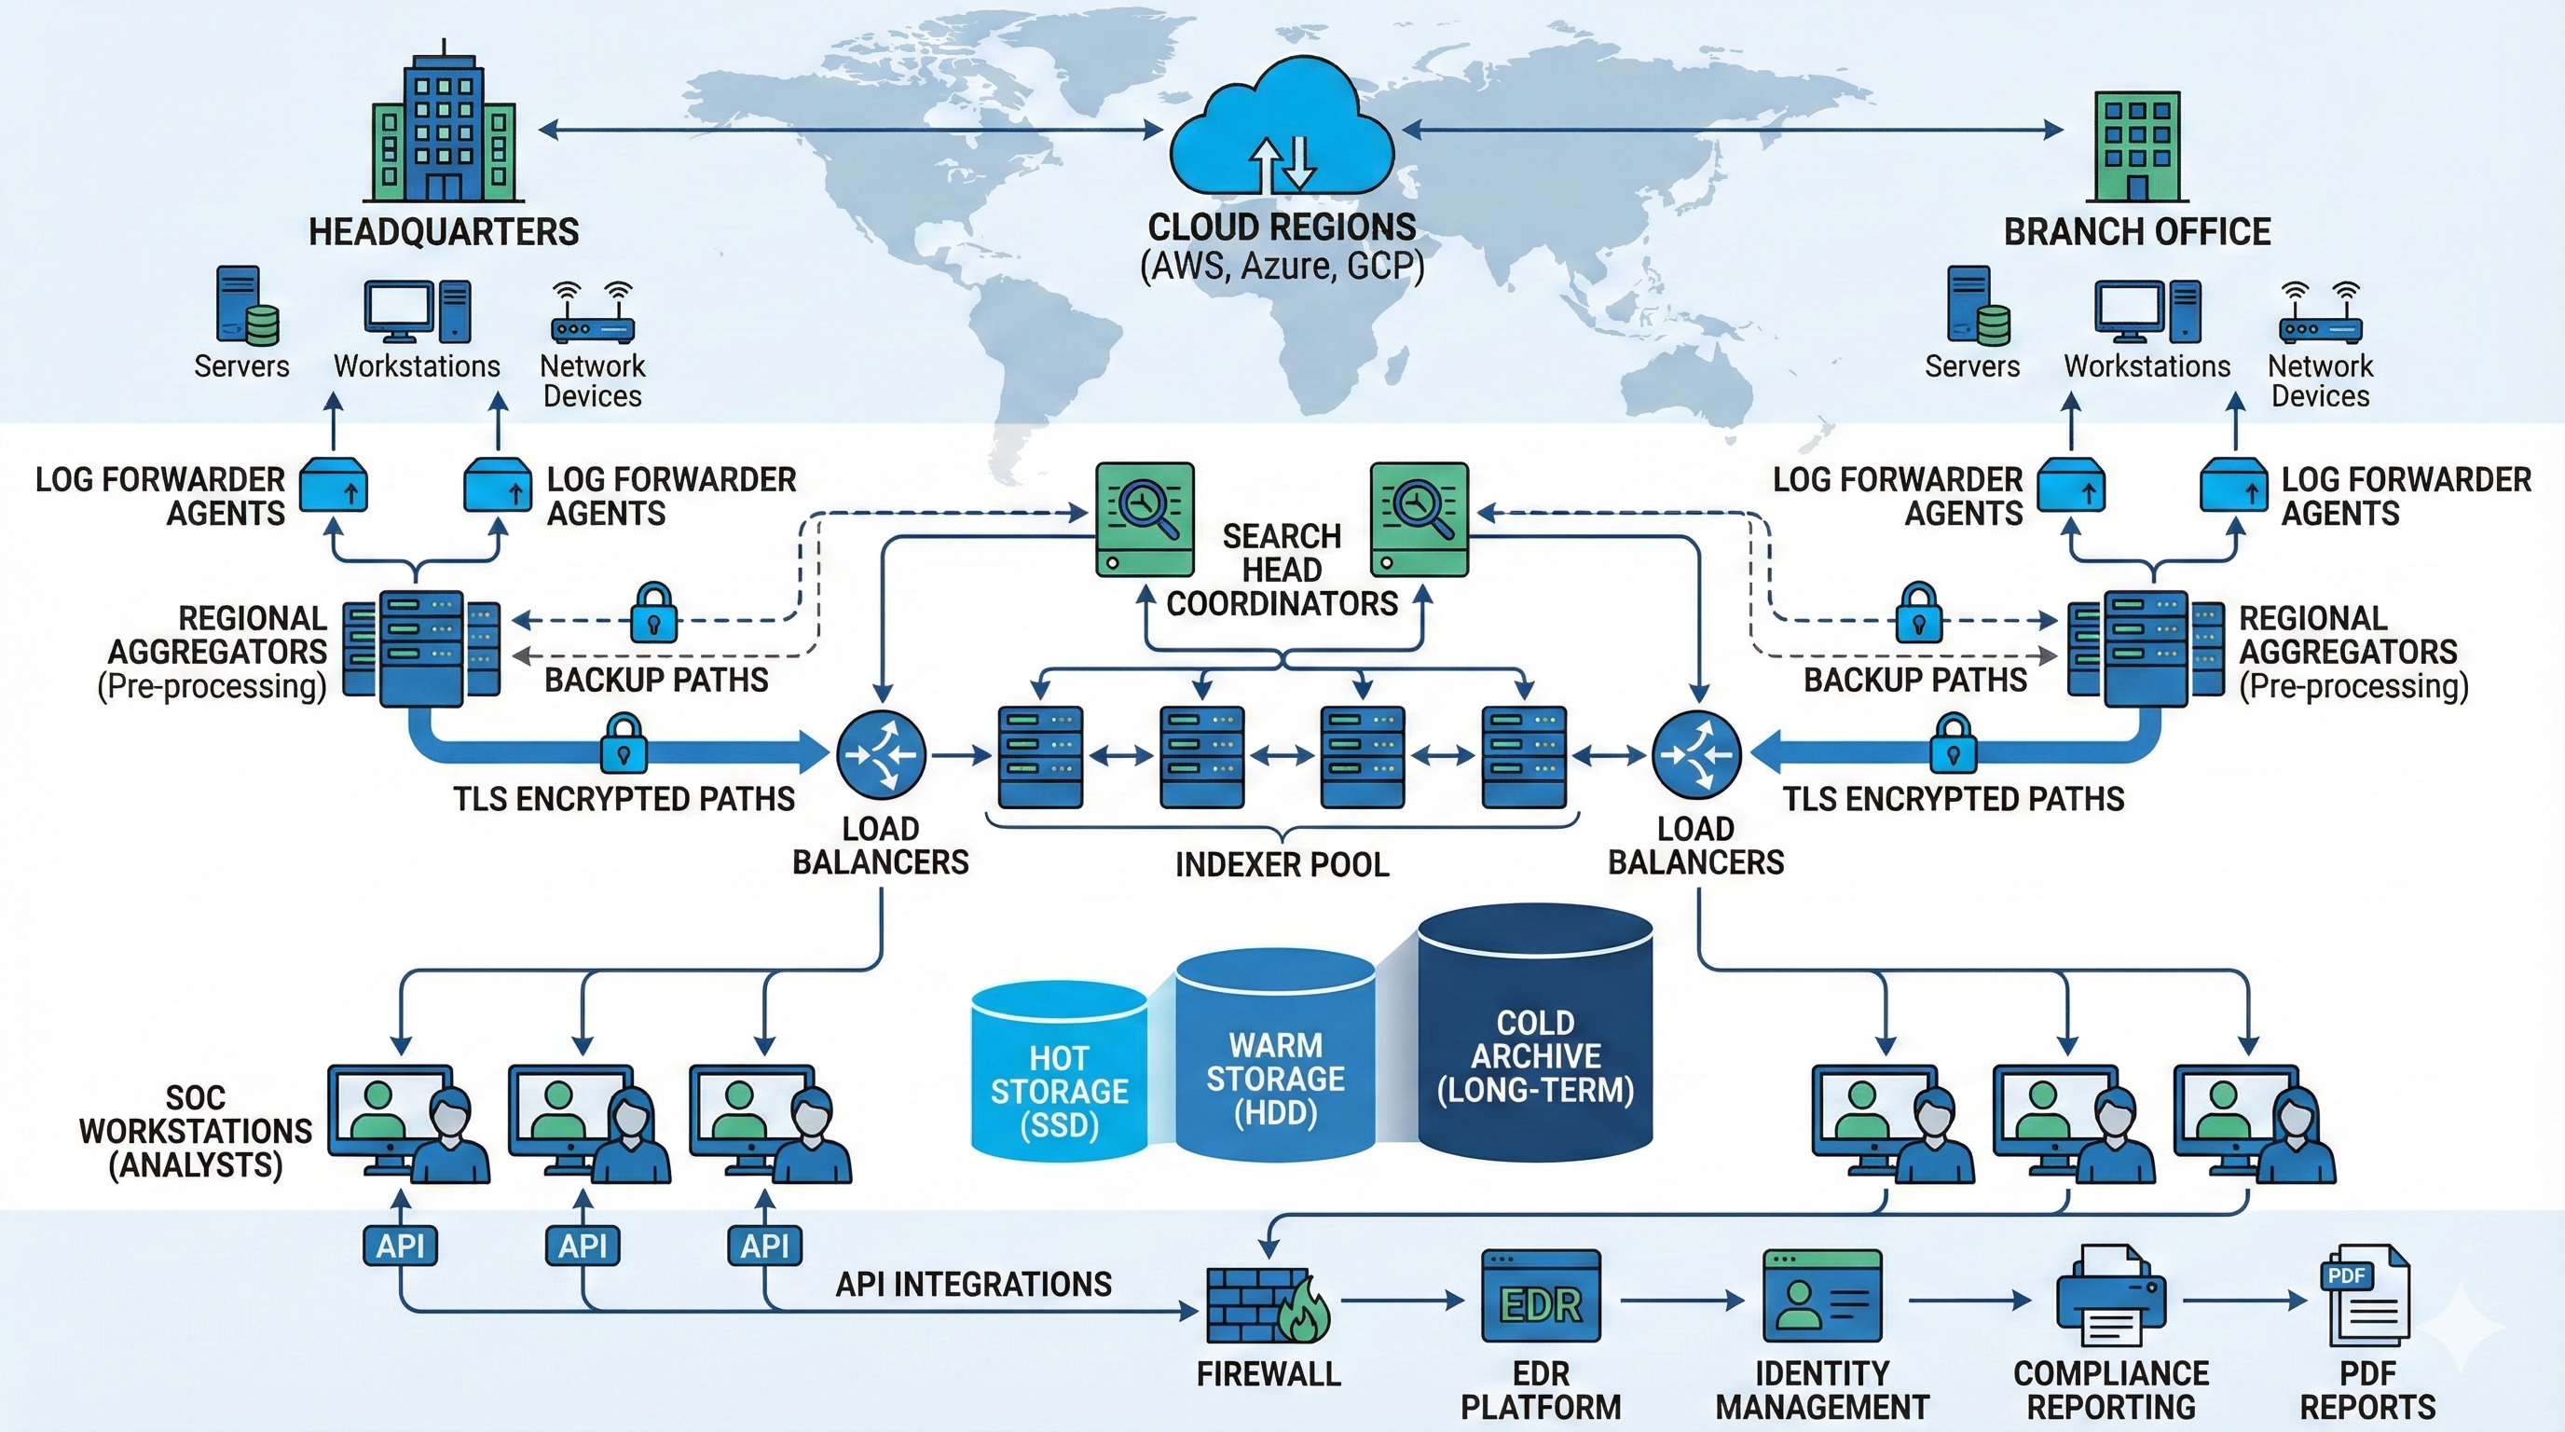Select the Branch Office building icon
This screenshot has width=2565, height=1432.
2137,146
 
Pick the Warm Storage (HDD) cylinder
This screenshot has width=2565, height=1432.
1276,1055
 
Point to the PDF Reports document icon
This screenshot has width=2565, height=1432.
2366,1296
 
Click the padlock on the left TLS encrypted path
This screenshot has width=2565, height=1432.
624,744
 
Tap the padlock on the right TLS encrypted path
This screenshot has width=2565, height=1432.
1954,744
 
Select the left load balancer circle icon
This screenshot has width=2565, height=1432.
880,755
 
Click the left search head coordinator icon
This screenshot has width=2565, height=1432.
1145,519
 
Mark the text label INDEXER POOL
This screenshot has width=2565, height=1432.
1282,864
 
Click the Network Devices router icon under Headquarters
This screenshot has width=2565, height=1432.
593,312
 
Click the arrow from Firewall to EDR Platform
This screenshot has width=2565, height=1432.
1402,1300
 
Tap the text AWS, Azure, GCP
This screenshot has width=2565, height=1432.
1282,267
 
